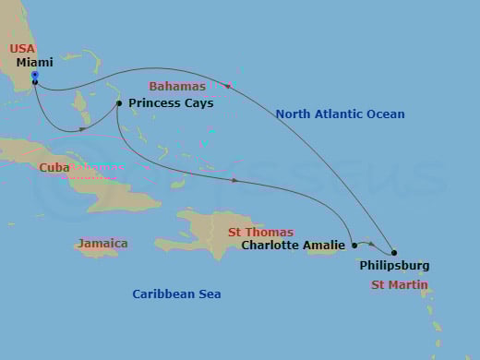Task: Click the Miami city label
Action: (x=35, y=62)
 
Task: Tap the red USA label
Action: (x=22, y=48)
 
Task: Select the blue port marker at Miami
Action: (x=34, y=74)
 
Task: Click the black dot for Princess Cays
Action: (x=119, y=103)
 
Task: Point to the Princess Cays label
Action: (x=171, y=103)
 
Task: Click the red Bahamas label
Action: (x=177, y=86)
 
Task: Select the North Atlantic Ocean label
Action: (x=340, y=114)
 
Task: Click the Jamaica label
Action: (x=102, y=243)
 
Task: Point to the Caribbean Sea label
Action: (x=176, y=294)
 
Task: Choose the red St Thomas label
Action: (x=260, y=232)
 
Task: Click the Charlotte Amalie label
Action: (x=293, y=246)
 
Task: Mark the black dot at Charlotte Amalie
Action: (x=354, y=246)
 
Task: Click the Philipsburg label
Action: (x=394, y=266)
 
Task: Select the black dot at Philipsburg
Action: (x=394, y=253)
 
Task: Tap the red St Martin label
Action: (x=399, y=285)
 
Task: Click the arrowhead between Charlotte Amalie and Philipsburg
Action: (x=371, y=244)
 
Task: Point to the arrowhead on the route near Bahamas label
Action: (x=228, y=86)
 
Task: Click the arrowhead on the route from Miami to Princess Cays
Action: (x=82, y=128)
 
